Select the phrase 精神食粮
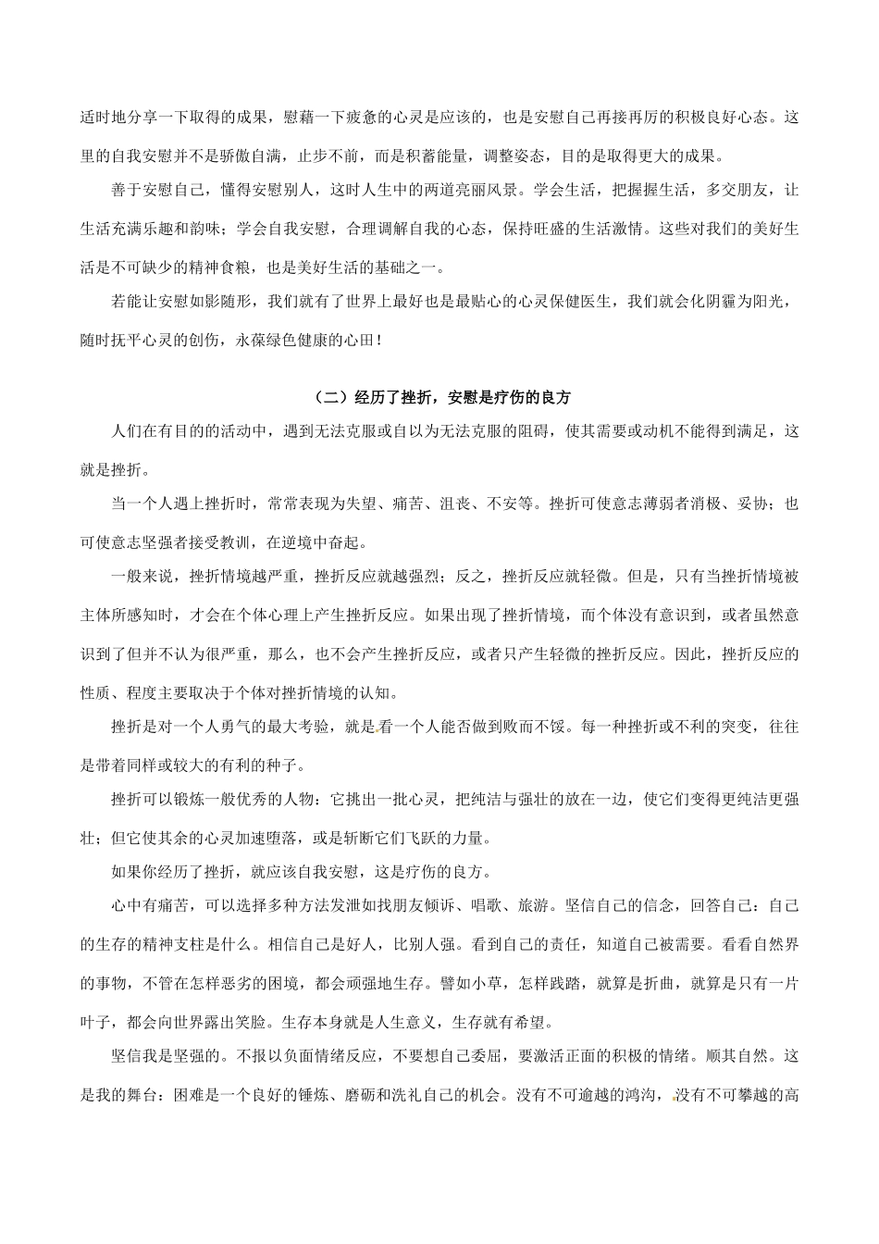pos(266,268)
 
